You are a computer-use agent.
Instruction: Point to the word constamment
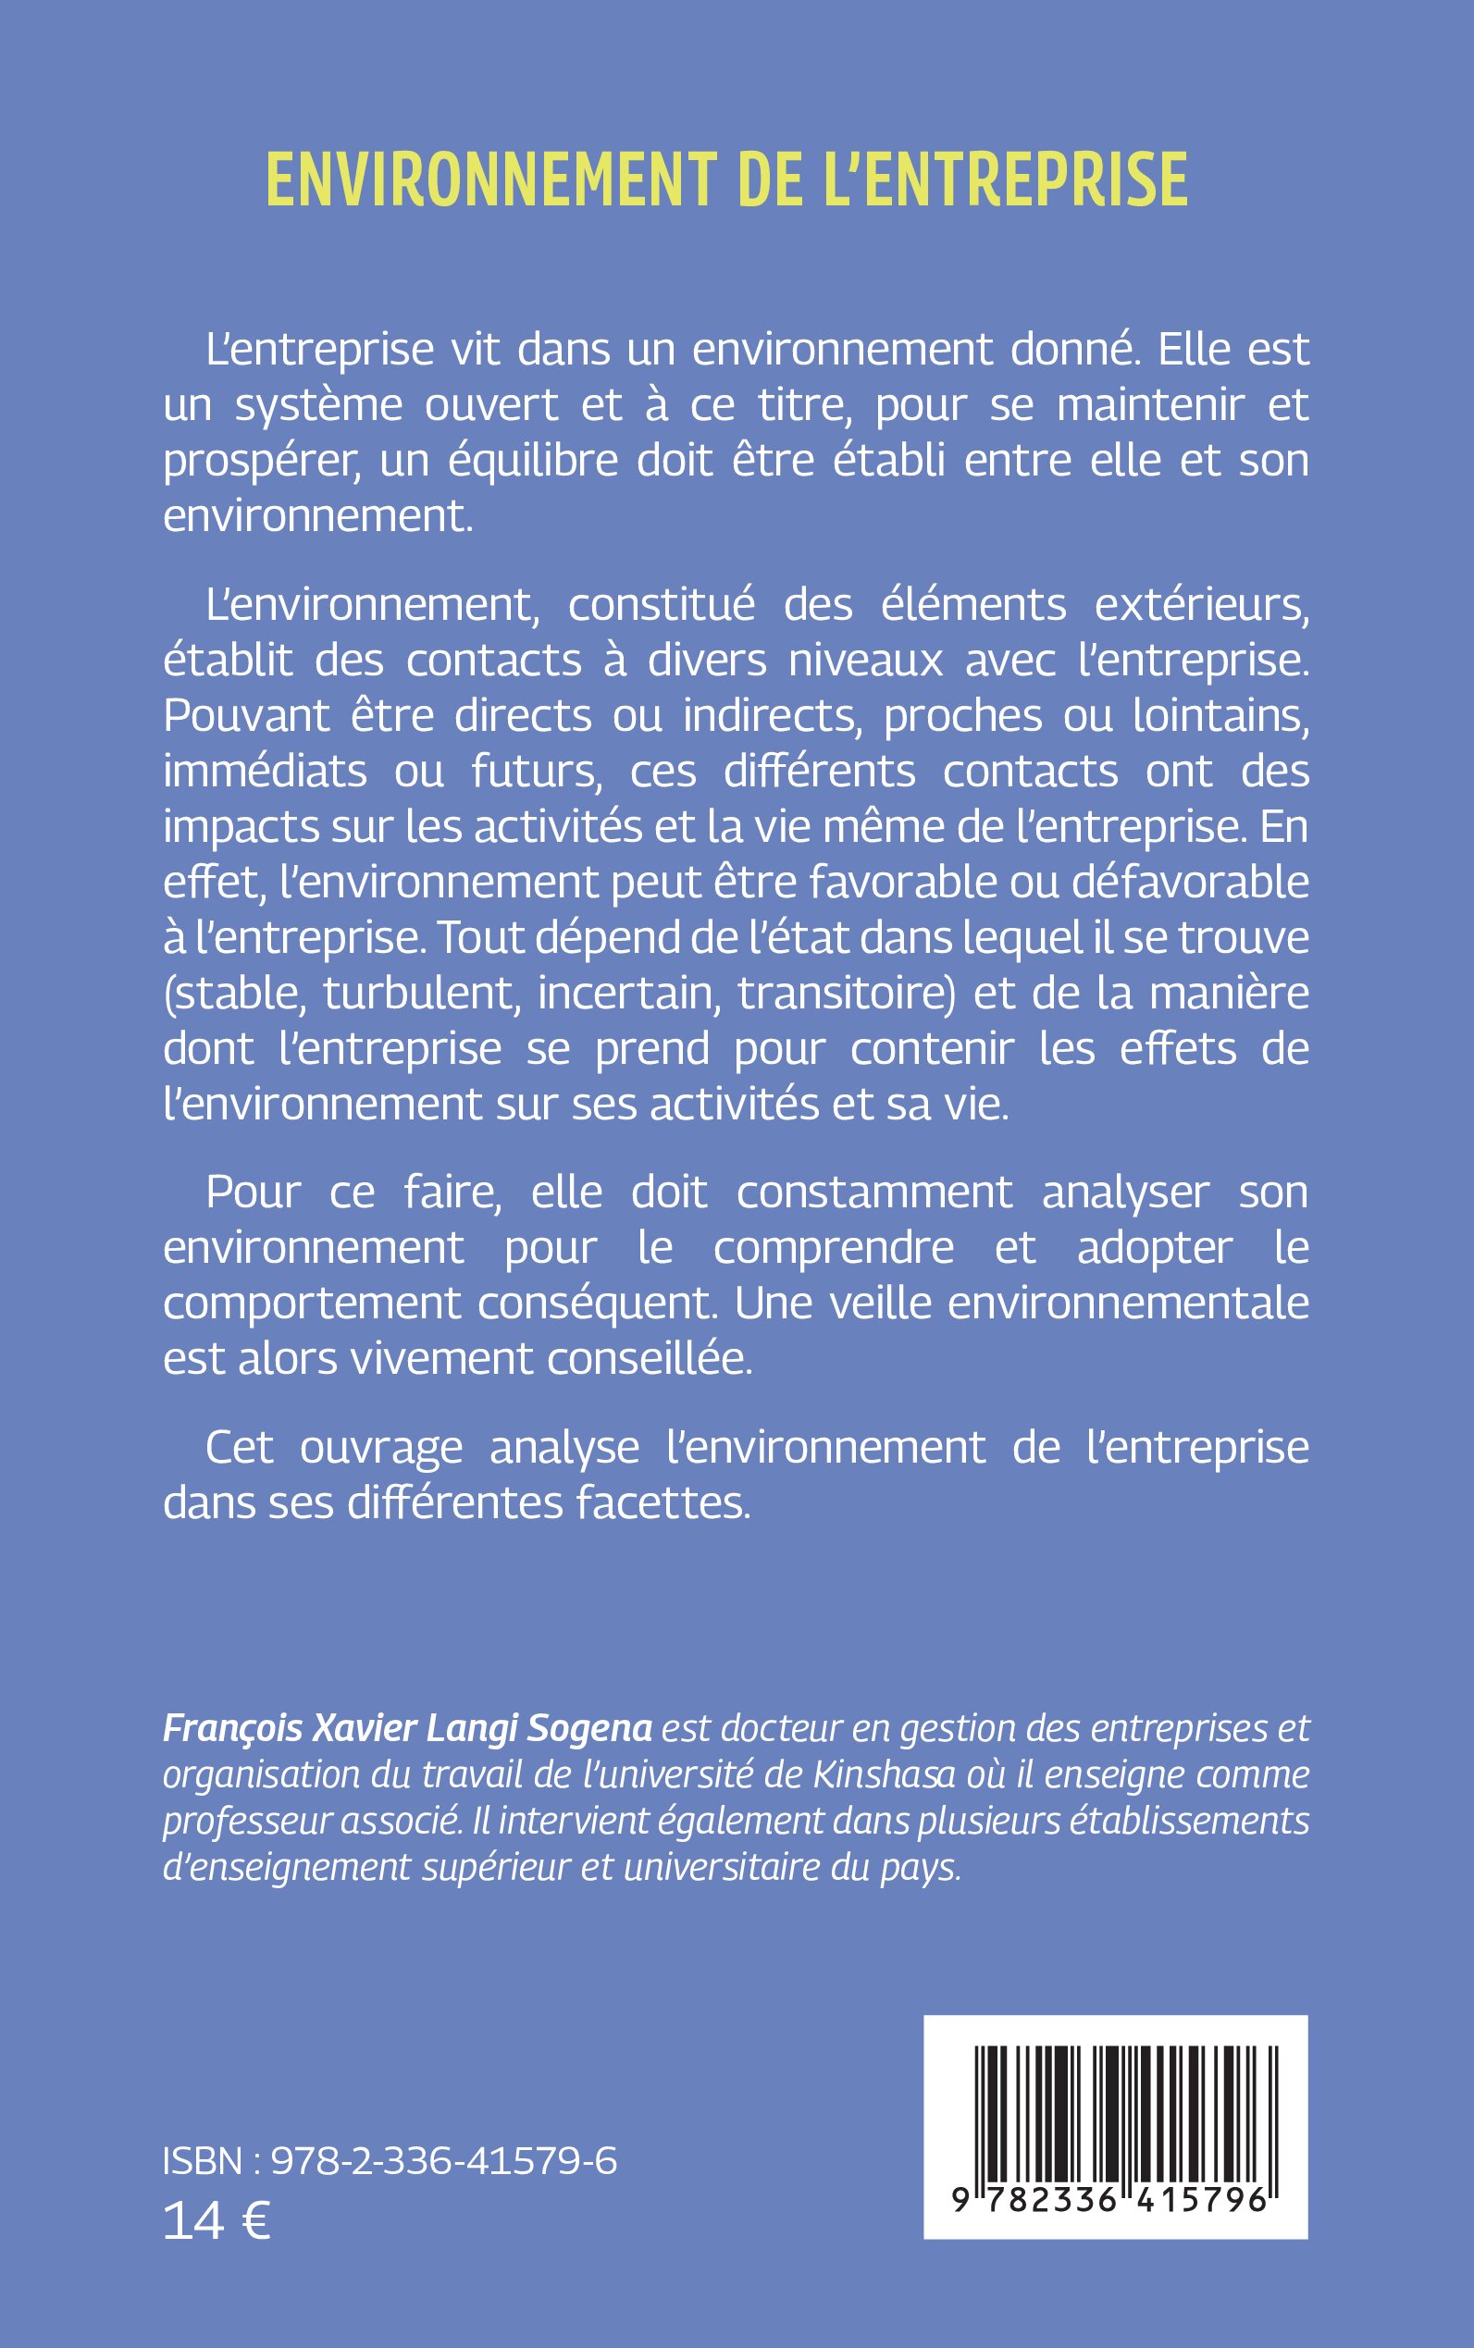pyautogui.click(x=874, y=1192)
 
